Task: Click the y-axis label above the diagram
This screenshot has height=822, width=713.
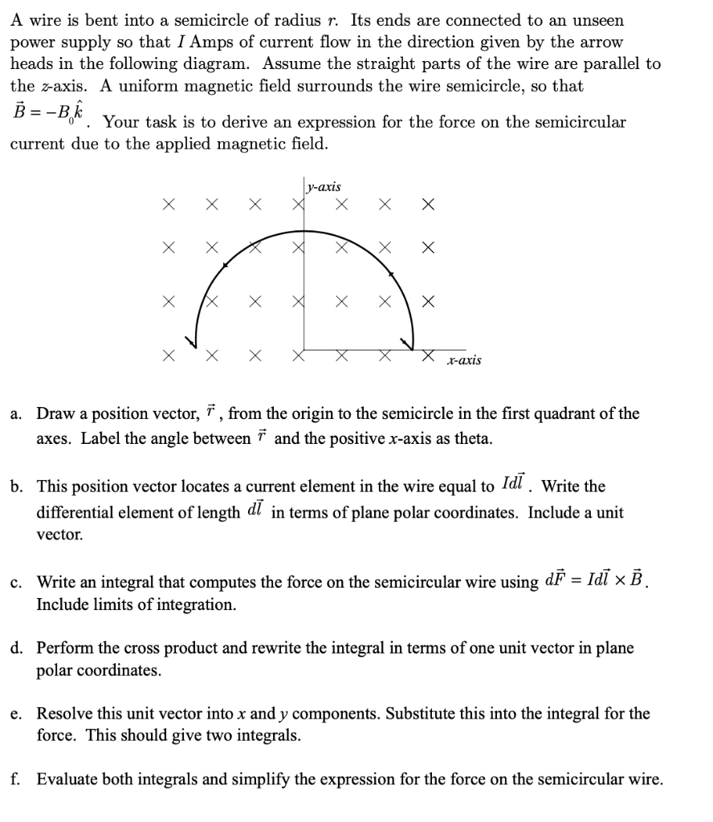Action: (324, 187)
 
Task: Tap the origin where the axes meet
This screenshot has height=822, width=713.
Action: (304, 350)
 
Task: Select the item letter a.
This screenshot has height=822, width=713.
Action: (16, 414)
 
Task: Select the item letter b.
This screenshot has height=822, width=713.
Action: (16, 487)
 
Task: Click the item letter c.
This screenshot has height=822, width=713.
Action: (16, 582)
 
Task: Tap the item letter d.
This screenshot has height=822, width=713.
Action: (16, 648)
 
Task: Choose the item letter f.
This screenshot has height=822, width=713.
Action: (16, 779)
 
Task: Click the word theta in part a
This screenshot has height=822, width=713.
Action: (472, 439)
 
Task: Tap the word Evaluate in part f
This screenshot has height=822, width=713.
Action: (66, 779)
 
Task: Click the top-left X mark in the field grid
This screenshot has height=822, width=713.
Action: (169, 206)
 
